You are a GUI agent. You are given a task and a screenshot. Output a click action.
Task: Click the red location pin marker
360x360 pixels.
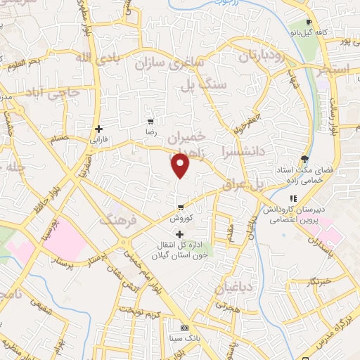click(x=181, y=165)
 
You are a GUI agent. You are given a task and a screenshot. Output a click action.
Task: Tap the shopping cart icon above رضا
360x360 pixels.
click(x=149, y=121)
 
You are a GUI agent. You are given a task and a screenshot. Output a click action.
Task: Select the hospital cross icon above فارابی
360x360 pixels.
click(x=99, y=129)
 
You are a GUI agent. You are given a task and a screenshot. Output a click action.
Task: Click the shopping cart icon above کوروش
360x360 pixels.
click(x=181, y=207)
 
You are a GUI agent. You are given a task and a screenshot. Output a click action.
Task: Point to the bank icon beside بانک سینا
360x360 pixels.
click(x=184, y=328)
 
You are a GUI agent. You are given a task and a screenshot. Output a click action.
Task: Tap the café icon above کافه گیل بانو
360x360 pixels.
click(x=308, y=22)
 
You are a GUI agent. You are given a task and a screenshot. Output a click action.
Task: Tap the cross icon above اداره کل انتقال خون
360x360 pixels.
click(x=181, y=234)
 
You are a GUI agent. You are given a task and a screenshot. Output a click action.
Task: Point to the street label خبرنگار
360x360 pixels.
click(x=323, y=282)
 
